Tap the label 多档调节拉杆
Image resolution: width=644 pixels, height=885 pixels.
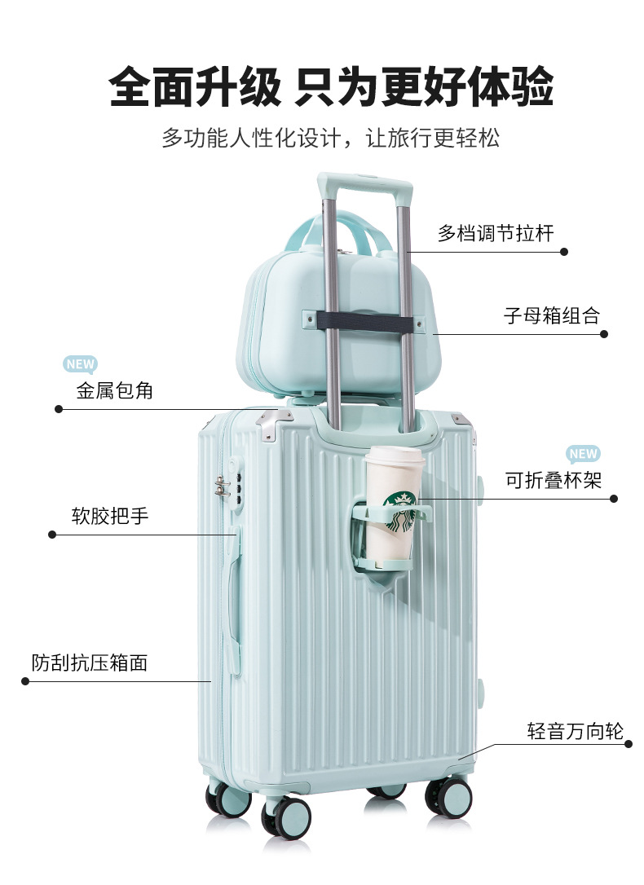click(496, 234)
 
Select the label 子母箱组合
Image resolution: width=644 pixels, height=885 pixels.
click(551, 315)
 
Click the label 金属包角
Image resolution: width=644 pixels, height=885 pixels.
click(115, 390)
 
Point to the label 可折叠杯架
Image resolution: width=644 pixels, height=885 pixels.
click(554, 481)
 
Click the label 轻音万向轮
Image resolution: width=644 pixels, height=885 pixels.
click(575, 731)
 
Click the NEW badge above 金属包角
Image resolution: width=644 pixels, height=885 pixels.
click(80, 364)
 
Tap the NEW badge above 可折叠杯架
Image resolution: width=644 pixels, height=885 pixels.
click(583, 454)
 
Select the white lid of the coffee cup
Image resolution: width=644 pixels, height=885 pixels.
click(393, 456)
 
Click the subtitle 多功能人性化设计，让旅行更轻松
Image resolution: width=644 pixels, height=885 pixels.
click(330, 137)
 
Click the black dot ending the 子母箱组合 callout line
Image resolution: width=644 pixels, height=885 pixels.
click(604, 333)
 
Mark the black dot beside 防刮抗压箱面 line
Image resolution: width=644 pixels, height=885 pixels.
click(24, 680)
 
